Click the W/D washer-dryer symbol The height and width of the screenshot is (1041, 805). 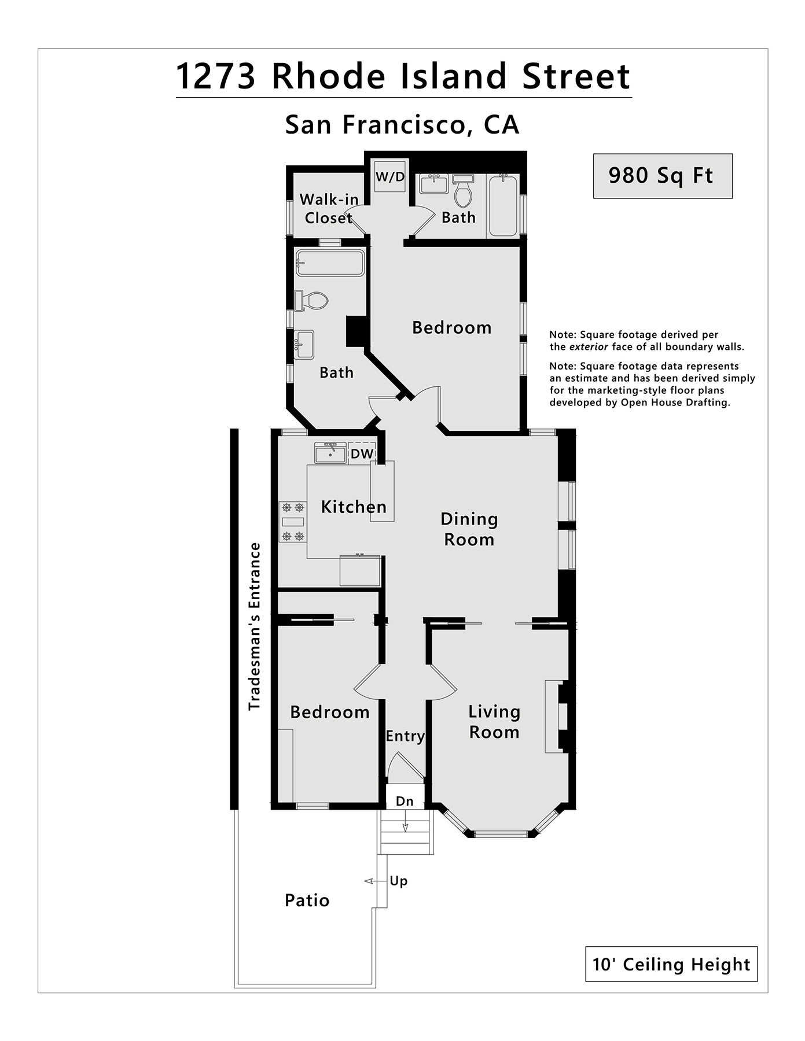390,176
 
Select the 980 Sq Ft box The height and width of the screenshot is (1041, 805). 663,176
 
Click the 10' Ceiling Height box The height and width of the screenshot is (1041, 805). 671,964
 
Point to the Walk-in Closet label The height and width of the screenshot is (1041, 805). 329,209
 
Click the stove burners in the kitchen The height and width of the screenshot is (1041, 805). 292,522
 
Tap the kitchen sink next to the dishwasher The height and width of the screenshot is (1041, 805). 330,453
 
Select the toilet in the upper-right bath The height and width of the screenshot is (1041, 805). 463,191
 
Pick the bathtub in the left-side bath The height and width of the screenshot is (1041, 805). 330,263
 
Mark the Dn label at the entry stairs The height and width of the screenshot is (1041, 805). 405,802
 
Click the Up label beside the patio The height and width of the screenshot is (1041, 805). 398,881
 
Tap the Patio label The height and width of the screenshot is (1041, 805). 307,900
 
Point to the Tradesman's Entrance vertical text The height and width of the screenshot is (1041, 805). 255,626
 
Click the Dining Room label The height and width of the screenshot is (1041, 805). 469,529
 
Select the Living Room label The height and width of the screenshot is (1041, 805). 494,722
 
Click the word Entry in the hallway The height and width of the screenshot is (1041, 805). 405,736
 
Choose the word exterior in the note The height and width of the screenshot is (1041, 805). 589,347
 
